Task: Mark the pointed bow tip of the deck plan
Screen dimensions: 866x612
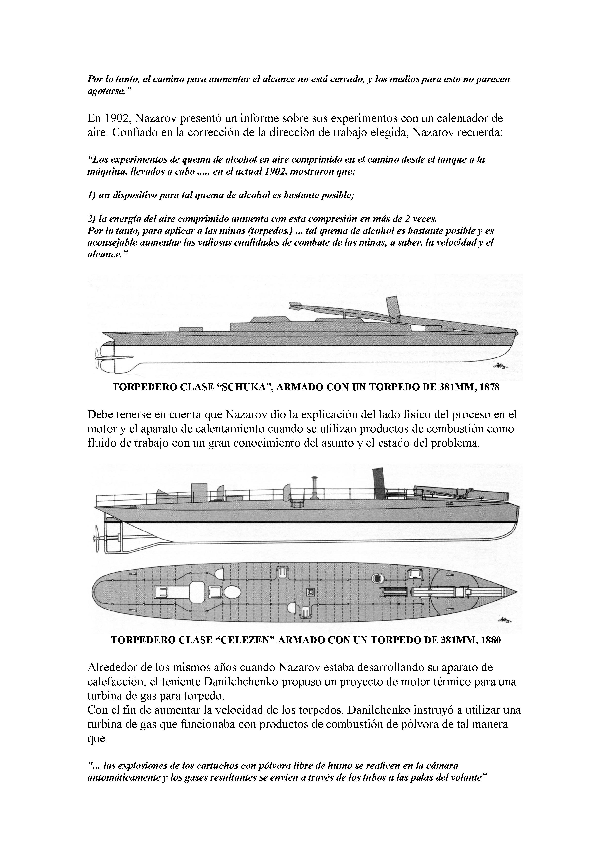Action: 516,591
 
